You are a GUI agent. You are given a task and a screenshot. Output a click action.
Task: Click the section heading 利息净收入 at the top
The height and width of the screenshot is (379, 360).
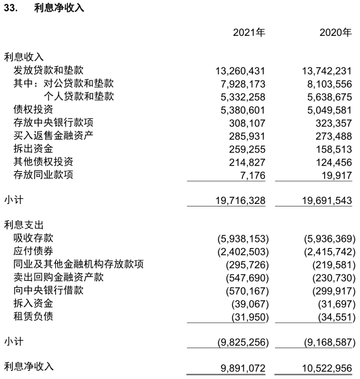coord(59,8)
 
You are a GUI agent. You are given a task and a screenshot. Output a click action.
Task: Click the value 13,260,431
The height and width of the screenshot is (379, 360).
coord(235,71)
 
